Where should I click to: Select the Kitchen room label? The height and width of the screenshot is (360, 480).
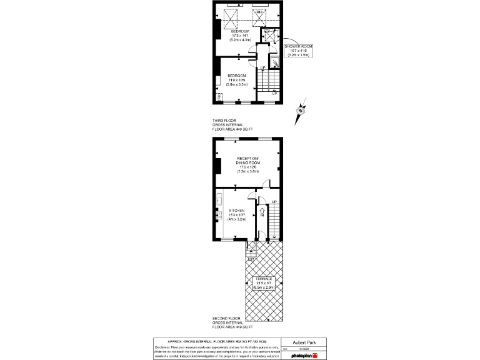click(237, 214)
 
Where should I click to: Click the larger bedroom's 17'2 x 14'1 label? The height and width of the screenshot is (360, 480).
click(240, 35)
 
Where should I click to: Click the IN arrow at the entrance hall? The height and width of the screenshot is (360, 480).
click(254, 211)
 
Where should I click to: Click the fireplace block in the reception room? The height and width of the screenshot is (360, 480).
click(216, 166)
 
